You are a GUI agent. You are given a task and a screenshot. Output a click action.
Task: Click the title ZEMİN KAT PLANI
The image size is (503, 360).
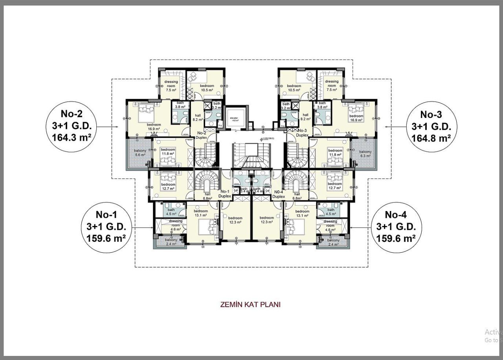(251, 304)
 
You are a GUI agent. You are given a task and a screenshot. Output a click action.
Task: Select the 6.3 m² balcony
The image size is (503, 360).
(365, 153)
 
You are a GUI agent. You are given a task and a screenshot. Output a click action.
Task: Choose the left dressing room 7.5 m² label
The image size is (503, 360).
(171, 86)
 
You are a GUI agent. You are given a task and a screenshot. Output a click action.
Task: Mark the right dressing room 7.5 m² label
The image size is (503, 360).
(332, 86)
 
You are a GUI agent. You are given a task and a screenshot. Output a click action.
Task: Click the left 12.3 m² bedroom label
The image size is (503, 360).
(235, 220)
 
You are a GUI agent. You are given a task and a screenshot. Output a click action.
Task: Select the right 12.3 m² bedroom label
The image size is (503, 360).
(266, 220)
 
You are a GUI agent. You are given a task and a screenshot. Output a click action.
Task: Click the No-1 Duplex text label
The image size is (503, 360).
(225, 194)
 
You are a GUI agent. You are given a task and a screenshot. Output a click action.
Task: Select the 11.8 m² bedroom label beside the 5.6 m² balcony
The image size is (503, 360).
(168, 152)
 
